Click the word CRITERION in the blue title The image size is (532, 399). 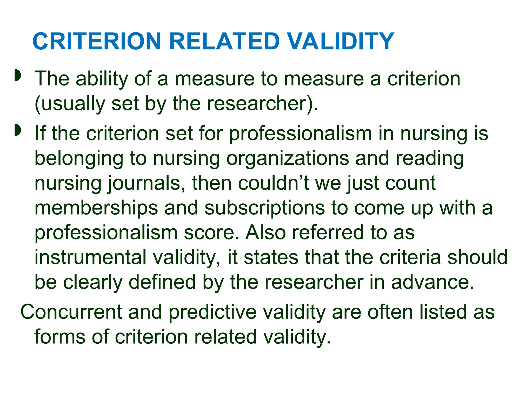(97, 42)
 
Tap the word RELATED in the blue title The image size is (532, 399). (224, 42)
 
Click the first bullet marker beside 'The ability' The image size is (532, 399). (18, 75)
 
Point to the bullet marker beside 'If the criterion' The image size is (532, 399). (18, 130)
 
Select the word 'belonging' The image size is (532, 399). (79, 159)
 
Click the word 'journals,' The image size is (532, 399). (147, 183)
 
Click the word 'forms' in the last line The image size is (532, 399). (60, 337)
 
